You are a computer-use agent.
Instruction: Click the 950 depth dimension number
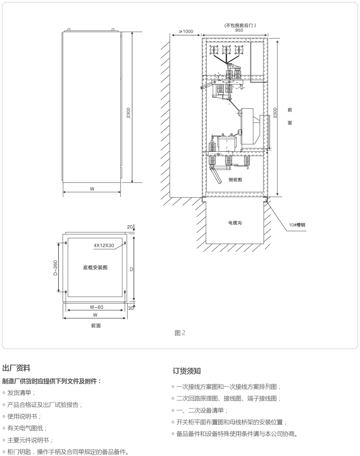tap(239, 30)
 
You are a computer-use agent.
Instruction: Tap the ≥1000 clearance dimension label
tap(186, 32)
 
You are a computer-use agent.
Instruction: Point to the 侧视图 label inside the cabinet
tap(235, 180)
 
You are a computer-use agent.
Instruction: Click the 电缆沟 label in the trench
tap(235, 223)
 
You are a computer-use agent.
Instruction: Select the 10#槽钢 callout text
tap(297, 225)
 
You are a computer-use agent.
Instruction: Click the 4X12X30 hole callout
tap(104, 245)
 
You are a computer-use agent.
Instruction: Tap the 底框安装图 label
tap(95, 267)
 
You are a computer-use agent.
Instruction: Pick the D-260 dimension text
tap(55, 268)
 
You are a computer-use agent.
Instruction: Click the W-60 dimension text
tap(96, 307)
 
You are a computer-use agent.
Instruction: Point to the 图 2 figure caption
tap(180, 333)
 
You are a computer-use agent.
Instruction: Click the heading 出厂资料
tap(16, 368)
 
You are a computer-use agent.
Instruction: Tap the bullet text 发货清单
tap(19, 393)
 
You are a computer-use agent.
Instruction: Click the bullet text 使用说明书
tap(22, 416)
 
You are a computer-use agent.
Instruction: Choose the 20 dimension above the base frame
tap(130, 227)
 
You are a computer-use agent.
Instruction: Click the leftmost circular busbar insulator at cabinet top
tap(214, 50)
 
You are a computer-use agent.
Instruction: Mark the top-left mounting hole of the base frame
tap(66, 243)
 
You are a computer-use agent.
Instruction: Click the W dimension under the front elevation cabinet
tap(92, 189)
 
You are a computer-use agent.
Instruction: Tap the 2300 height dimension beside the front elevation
tap(128, 113)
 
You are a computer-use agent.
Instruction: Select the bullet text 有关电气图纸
tap(25, 428)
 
